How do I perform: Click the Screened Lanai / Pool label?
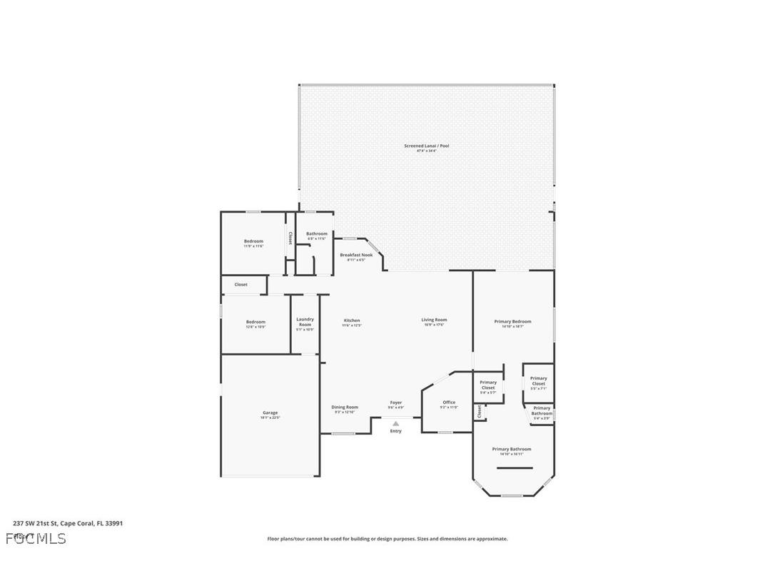[427, 146]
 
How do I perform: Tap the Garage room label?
[270, 413]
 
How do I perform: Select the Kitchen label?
[352, 320]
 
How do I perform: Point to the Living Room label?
[434, 320]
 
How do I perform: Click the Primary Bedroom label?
[512, 322]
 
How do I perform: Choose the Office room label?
[449, 403]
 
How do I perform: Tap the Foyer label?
[395, 403]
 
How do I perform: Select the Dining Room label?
[345, 408]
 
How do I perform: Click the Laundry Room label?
[305, 322]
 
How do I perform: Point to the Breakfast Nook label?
[356, 255]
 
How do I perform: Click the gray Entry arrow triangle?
[395, 423]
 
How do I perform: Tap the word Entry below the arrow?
[395, 431]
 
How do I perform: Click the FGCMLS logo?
[36, 538]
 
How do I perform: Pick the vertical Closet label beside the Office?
[480, 412]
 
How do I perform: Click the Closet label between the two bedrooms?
[241, 285]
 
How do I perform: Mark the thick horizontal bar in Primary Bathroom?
[515, 468]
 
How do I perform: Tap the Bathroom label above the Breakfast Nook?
[317, 234]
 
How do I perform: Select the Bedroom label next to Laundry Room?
[255, 322]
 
